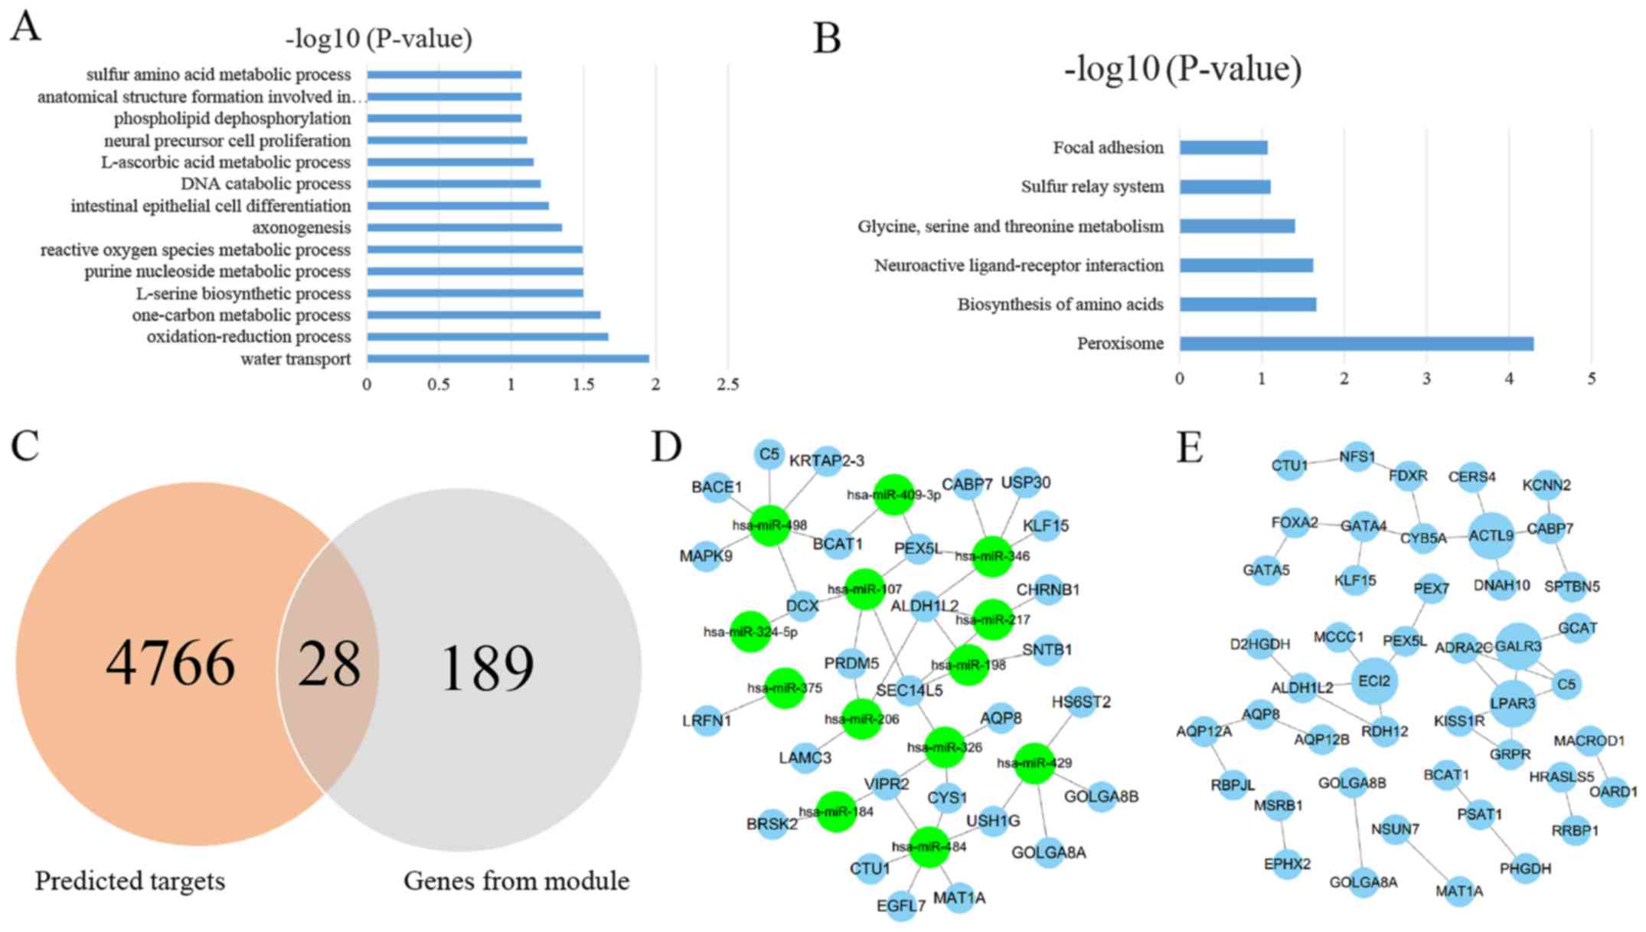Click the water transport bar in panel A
click(x=508, y=358)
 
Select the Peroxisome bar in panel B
click(x=1356, y=344)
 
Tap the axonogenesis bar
click(x=464, y=227)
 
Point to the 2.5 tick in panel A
click(x=727, y=384)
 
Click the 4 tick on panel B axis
click(x=1509, y=379)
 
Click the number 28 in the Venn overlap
click(x=328, y=664)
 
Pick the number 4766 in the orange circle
click(x=170, y=664)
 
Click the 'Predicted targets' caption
click(x=129, y=881)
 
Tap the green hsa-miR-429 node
click(x=1034, y=763)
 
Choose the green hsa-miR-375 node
click(x=785, y=687)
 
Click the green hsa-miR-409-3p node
click(x=893, y=494)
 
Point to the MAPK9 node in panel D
click(x=706, y=555)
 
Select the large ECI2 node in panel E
click(x=1374, y=680)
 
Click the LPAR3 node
click(x=1513, y=702)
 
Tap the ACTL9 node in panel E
click(x=1491, y=536)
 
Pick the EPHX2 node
click(x=1287, y=864)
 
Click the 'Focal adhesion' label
click(x=1108, y=147)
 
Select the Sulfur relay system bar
click(x=1225, y=187)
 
